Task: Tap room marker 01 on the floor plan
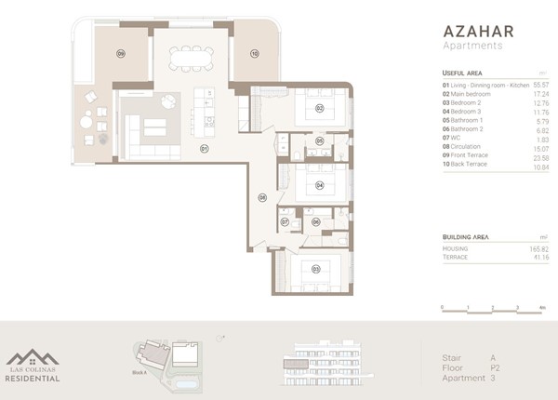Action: coord(204,148)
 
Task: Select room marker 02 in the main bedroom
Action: coord(318,109)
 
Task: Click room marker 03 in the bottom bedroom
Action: coord(316,270)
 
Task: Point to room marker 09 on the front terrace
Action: coord(120,54)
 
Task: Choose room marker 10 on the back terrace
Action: coord(254,54)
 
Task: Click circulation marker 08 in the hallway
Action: coord(263,197)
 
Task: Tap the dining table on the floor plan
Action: coord(188,58)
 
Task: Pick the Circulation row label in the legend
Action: coord(468,145)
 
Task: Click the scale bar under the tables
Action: coord(494,306)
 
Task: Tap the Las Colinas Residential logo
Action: coord(33,366)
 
